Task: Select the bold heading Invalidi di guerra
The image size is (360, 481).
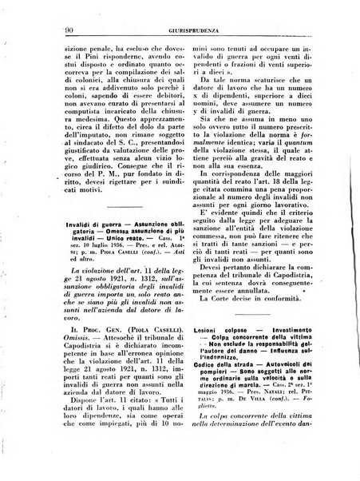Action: point(91,226)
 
